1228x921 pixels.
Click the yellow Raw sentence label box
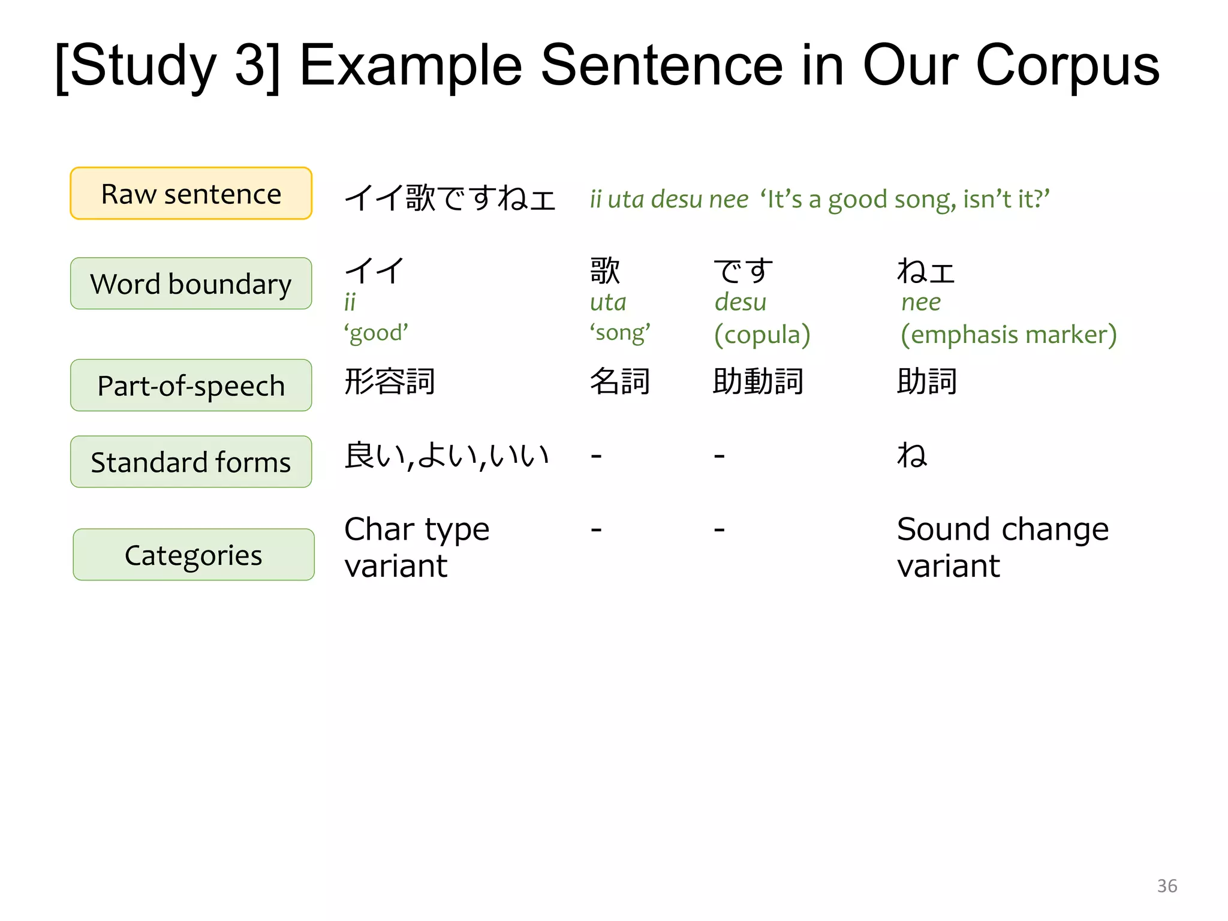click(191, 194)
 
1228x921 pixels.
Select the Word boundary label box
click(191, 284)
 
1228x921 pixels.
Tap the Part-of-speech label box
click(191, 386)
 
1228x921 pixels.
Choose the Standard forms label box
click(191, 462)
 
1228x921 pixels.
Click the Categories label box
click(193, 555)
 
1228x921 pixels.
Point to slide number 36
click(1167, 886)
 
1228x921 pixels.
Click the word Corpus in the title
click(1067, 66)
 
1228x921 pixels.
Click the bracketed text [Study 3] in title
click(168, 66)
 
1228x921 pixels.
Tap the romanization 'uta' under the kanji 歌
click(608, 302)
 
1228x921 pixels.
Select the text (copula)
click(762, 335)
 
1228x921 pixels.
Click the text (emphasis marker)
click(1009, 335)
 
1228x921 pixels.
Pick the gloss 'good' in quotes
click(376, 333)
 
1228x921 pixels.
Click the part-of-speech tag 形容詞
click(390, 381)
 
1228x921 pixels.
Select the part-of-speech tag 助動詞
click(758, 381)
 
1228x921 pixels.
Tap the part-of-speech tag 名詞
click(620, 381)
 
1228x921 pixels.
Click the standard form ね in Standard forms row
click(911, 455)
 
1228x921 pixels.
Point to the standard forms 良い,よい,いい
click(447, 456)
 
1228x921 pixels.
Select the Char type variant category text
click(417, 547)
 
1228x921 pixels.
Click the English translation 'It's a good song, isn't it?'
click(905, 199)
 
